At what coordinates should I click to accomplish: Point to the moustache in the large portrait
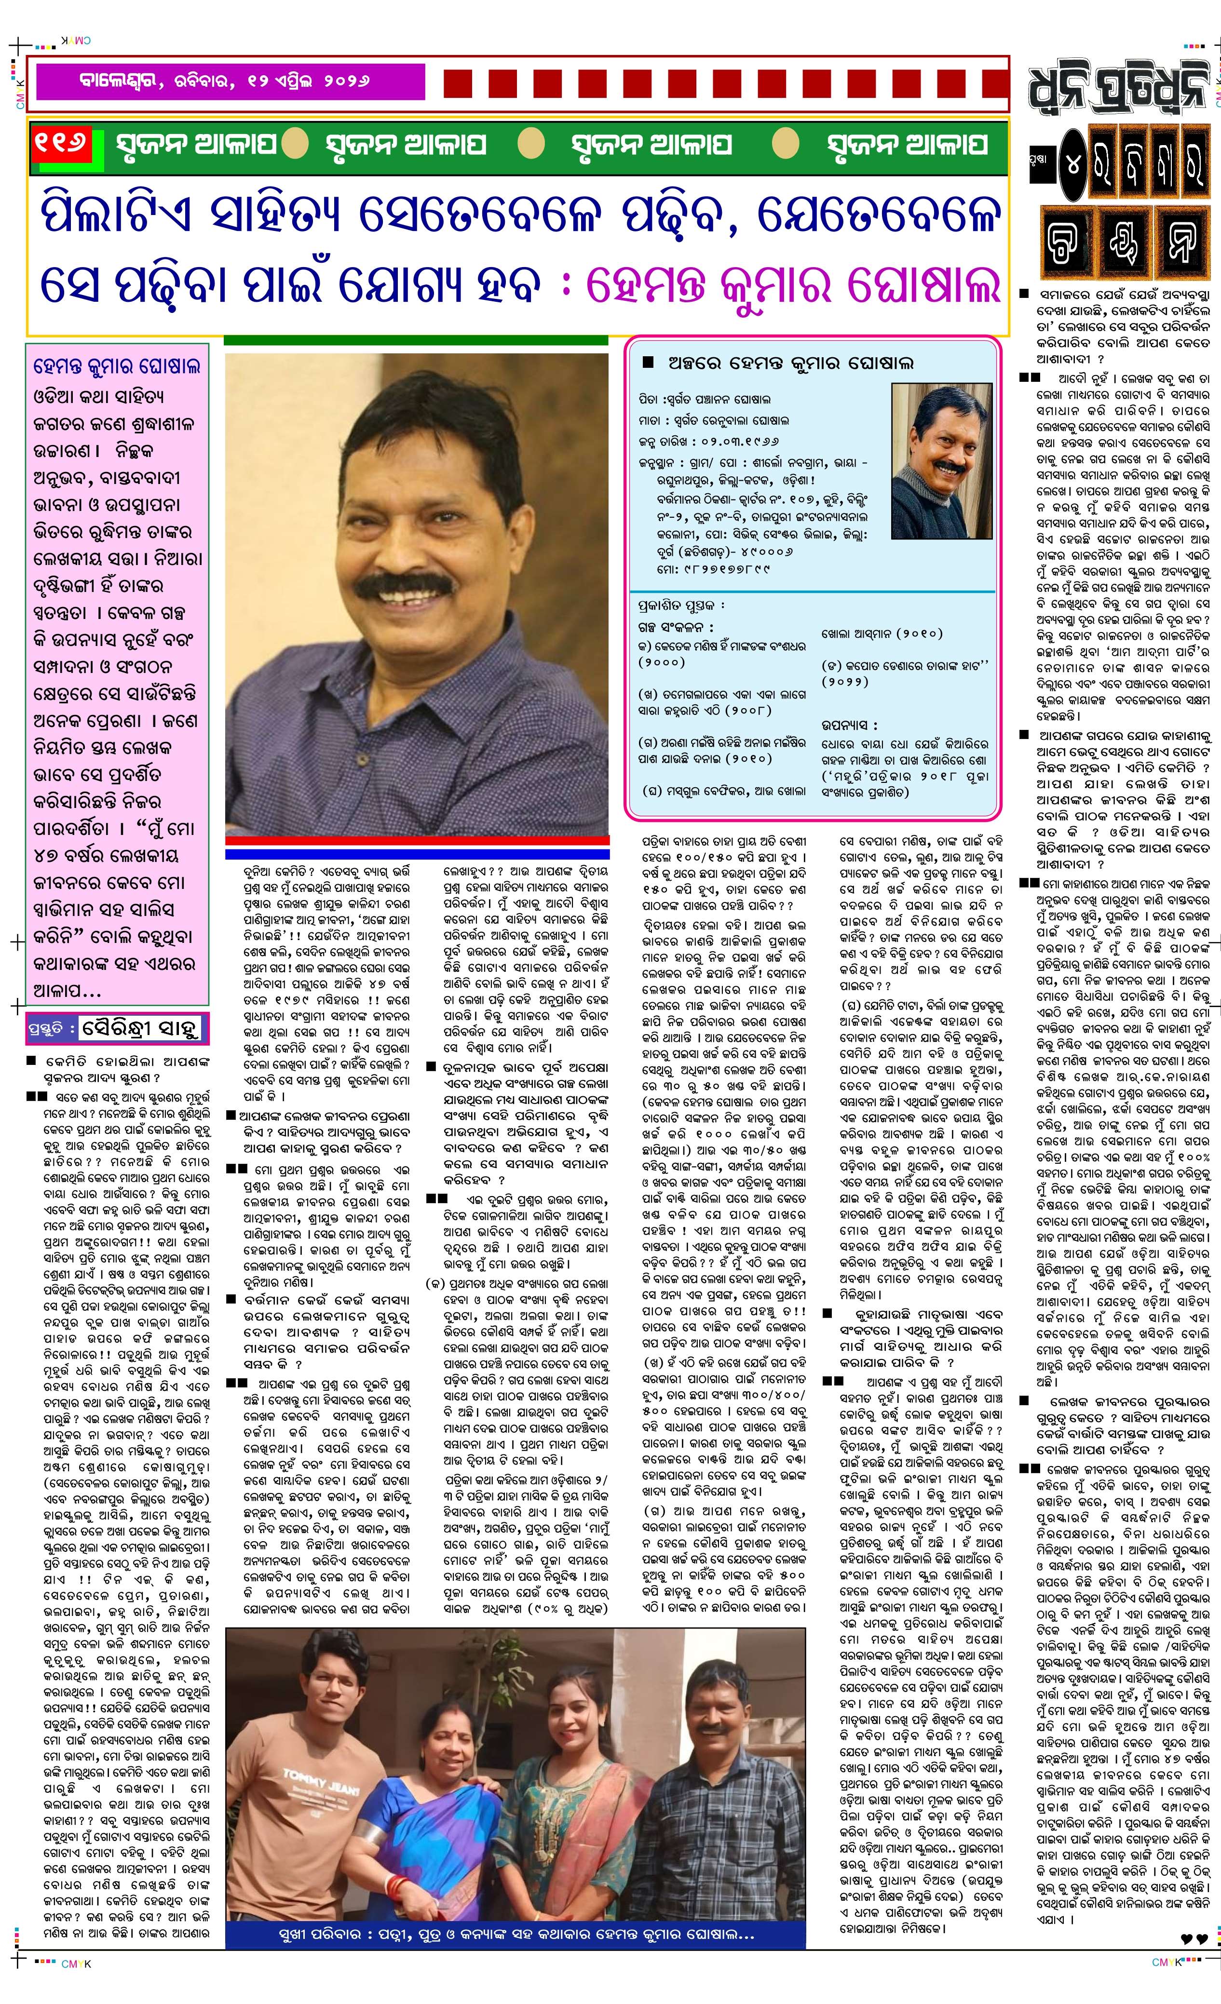pyautogui.click(x=407, y=586)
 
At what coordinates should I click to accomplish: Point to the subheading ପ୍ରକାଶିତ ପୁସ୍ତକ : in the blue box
pyautogui.click(x=681, y=605)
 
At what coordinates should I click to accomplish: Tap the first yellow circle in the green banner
pyautogui.click(x=295, y=144)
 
